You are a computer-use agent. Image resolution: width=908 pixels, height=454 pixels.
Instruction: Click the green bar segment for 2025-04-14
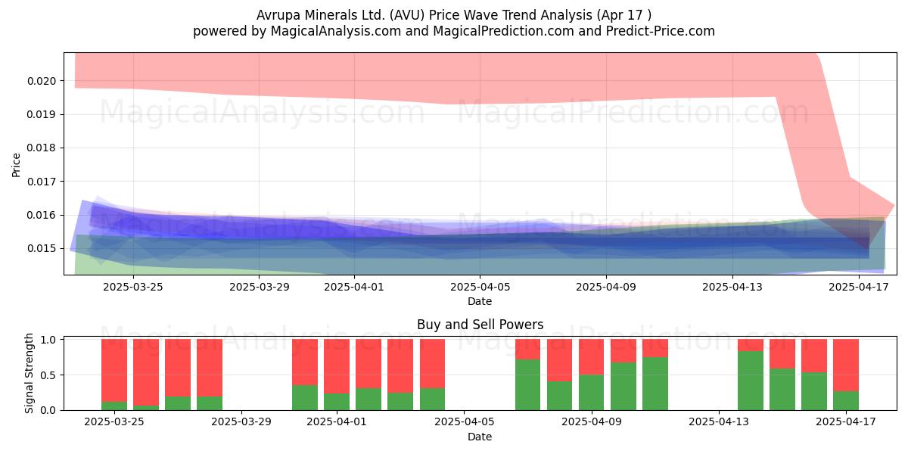click(x=751, y=381)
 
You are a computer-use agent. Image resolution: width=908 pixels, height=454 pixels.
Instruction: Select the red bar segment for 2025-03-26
click(x=146, y=372)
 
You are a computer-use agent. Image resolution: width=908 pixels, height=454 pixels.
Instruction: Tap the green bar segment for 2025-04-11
click(x=655, y=384)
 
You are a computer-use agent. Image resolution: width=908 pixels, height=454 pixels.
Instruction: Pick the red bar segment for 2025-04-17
click(x=846, y=365)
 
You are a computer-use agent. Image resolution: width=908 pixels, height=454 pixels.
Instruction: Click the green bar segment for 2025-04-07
click(x=528, y=384)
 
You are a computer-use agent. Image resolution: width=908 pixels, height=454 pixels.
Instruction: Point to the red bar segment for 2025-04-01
click(x=337, y=366)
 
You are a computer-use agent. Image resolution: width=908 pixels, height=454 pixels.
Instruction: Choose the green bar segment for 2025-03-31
click(x=305, y=398)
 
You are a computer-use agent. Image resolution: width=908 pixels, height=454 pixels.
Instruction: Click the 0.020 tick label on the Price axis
click(x=42, y=81)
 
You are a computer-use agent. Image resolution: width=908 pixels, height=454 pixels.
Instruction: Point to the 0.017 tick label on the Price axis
click(x=42, y=181)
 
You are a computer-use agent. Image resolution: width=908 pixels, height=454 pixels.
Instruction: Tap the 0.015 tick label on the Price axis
click(x=42, y=248)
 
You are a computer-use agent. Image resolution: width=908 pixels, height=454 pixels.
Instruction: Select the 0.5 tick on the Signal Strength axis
click(x=48, y=375)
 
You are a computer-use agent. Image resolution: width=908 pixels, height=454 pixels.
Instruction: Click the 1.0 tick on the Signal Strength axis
click(x=48, y=340)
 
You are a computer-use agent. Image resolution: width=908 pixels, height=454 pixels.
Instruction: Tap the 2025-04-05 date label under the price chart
click(x=480, y=287)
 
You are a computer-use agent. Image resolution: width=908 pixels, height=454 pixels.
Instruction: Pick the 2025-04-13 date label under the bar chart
click(x=719, y=422)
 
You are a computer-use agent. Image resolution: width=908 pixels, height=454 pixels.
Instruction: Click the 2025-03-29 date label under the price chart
click(x=260, y=287)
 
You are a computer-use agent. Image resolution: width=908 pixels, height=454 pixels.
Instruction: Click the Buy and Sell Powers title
click(x=480, y=325)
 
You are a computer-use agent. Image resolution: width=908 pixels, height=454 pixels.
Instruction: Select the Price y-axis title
click(x=16, y=165)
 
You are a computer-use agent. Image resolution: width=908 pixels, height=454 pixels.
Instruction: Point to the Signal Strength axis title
click(x=29, y=373)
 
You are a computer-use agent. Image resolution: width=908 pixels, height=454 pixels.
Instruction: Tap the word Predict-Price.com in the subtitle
click(x=661, y=32)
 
